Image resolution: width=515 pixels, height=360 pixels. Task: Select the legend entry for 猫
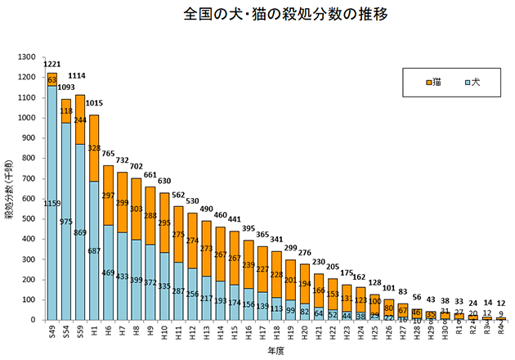[x=433, y=82]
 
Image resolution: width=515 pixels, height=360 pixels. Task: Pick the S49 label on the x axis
[x=52, y=331]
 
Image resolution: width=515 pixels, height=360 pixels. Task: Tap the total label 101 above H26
[x=389, y=289]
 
